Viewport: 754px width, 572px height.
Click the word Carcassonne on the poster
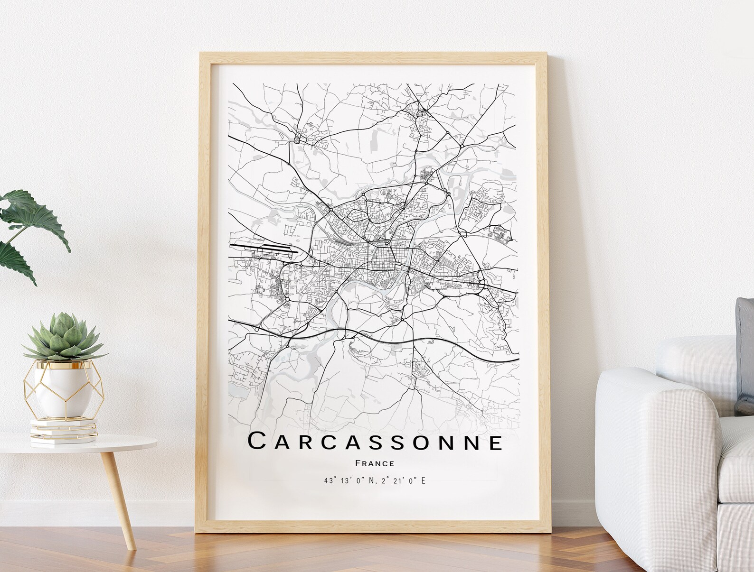(x=375, y=442)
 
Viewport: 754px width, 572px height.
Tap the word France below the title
(x=374, y=463)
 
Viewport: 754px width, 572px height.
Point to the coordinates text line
(x=374, y=481)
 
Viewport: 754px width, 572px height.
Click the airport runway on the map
(x=264, y=247)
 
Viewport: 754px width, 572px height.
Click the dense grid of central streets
(x=385, y=258)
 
